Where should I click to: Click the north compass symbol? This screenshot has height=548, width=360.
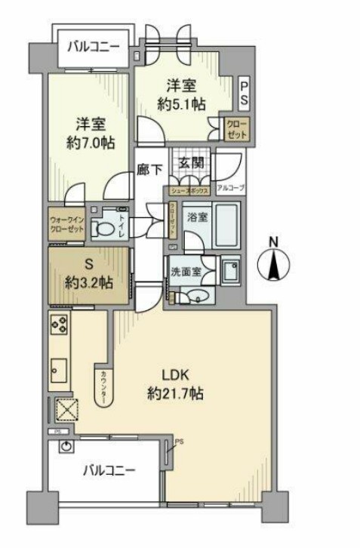274,266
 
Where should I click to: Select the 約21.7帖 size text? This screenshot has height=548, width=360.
177,393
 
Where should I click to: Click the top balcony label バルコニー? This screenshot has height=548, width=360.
93,47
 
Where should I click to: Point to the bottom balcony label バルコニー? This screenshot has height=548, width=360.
109,471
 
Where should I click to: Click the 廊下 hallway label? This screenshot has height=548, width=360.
149,170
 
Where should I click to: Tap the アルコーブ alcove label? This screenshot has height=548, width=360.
228,186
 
